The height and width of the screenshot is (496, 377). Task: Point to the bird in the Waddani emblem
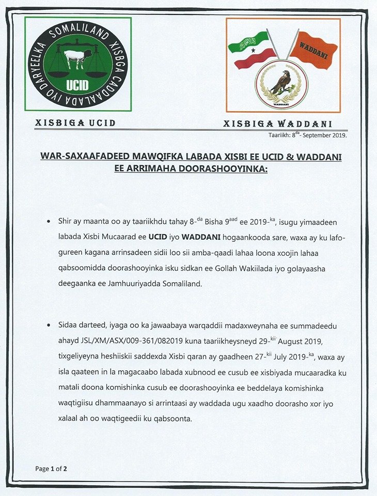282,82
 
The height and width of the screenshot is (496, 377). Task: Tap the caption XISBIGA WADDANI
277,123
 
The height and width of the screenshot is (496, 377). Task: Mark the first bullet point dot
49,221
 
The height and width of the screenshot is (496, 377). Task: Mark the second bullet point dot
49,326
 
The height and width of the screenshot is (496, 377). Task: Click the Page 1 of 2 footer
51,469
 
